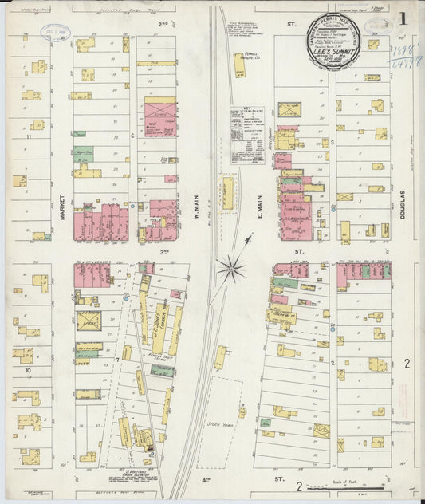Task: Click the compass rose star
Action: (x=231, y=266)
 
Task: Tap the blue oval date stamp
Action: (x=55, y=33)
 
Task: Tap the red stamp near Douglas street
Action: (x=403, y=394)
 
